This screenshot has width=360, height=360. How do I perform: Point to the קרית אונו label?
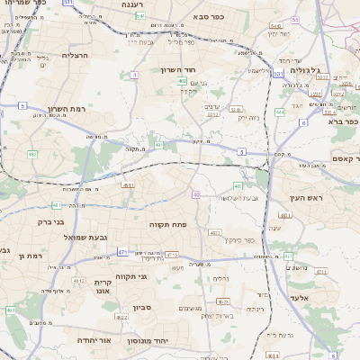[103, 286]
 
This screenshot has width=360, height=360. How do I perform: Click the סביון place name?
[143, 307]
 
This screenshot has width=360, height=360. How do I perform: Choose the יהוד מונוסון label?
[167, 341]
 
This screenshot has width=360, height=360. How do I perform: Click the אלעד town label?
[300, 296]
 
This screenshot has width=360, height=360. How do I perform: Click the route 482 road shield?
[182, 82]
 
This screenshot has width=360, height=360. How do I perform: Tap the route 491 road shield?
[158, 144]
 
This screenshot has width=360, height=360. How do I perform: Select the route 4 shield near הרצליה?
[134, 75]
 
